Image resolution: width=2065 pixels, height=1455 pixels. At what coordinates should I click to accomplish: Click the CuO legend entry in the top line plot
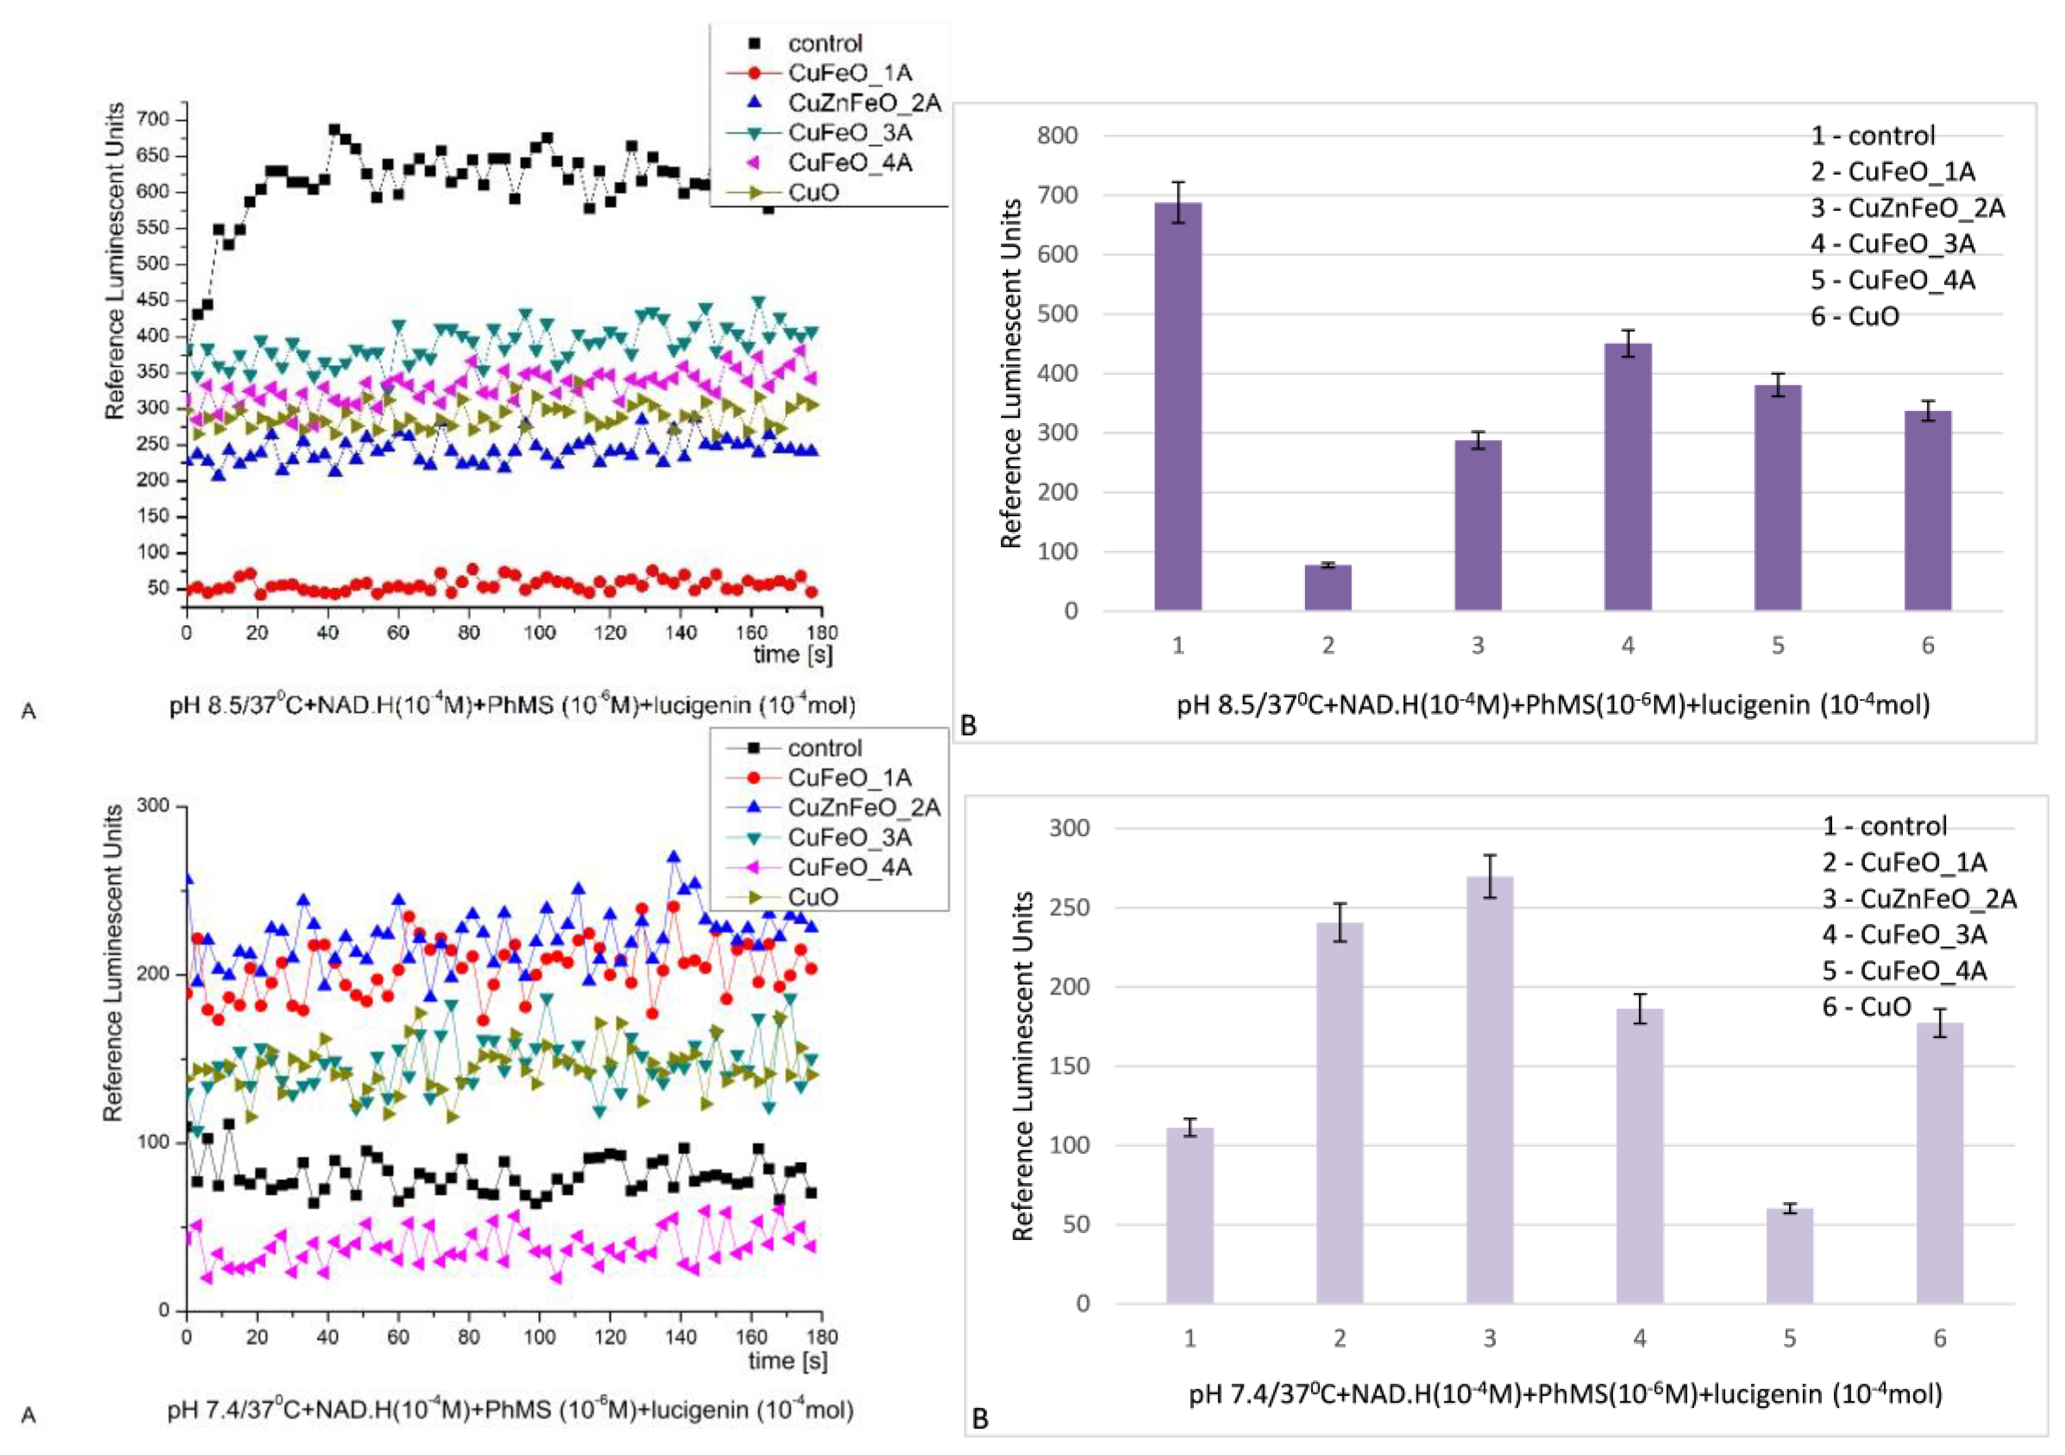(x=812, y=193)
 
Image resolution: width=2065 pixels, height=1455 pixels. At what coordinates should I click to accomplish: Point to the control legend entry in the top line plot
(x=824, y=43)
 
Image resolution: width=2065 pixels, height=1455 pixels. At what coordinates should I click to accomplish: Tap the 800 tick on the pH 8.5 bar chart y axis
(x=1058, y=136)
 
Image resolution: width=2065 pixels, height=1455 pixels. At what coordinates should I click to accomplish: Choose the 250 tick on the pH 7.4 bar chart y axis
(x=1070, y=907)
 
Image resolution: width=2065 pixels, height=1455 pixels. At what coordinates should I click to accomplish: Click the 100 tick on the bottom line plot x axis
(x=539, y=1337)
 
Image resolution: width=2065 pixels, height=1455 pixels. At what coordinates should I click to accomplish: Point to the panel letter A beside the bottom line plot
(x=29, y=1415)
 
